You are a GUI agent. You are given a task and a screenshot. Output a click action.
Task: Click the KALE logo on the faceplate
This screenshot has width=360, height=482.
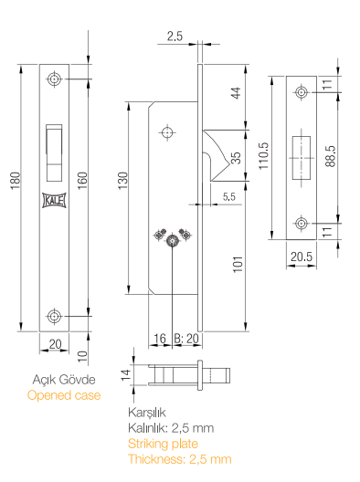pos(54,201)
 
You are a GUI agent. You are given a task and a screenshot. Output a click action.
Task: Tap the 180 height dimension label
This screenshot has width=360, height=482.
pos(16,181)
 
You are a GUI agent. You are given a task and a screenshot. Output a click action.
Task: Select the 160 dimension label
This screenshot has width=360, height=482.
pos(82,181)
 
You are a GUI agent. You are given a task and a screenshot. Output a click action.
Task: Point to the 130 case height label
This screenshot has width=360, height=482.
pos(122,181)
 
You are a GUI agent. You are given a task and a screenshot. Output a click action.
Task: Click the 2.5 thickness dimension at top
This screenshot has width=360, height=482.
pos(175,37)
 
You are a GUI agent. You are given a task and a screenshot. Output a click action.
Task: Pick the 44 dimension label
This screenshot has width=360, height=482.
pos(236,93)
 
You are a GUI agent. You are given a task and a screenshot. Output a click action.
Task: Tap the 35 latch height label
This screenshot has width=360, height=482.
pos(236,158)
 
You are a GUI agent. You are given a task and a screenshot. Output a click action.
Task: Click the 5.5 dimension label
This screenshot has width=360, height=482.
pos(229,196)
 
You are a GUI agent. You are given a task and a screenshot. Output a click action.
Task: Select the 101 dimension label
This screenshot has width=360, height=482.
pos(238,265)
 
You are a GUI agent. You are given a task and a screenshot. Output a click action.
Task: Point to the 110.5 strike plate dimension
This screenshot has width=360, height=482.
pos(263,155)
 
